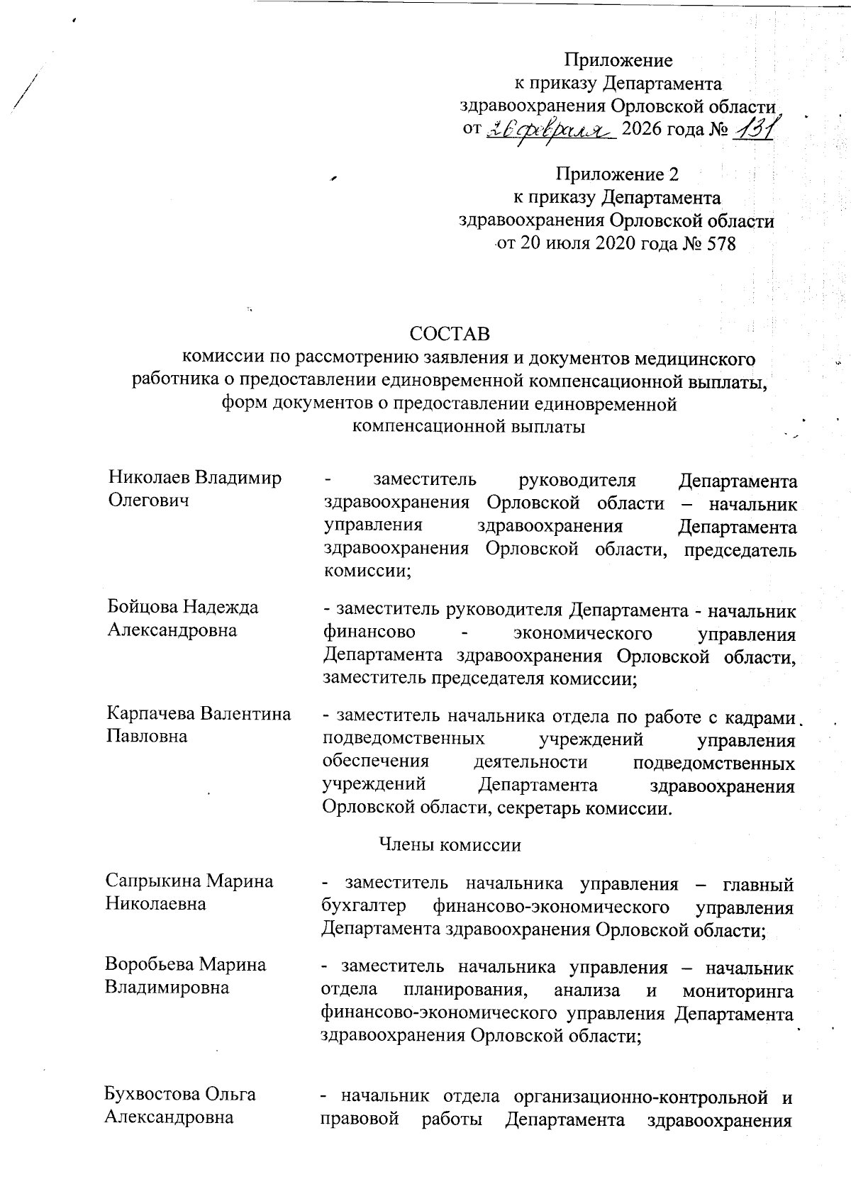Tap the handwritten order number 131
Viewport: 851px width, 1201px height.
[x=755, y=129]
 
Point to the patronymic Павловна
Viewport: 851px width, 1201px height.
[x=147, y=735]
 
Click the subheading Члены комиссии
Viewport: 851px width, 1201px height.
[x=450, y=844]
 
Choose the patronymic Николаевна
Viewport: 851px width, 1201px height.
[x=155, y=903]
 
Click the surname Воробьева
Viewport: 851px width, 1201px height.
[x=149, y=964]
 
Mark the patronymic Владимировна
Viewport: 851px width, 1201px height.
[x=167, y=987]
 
